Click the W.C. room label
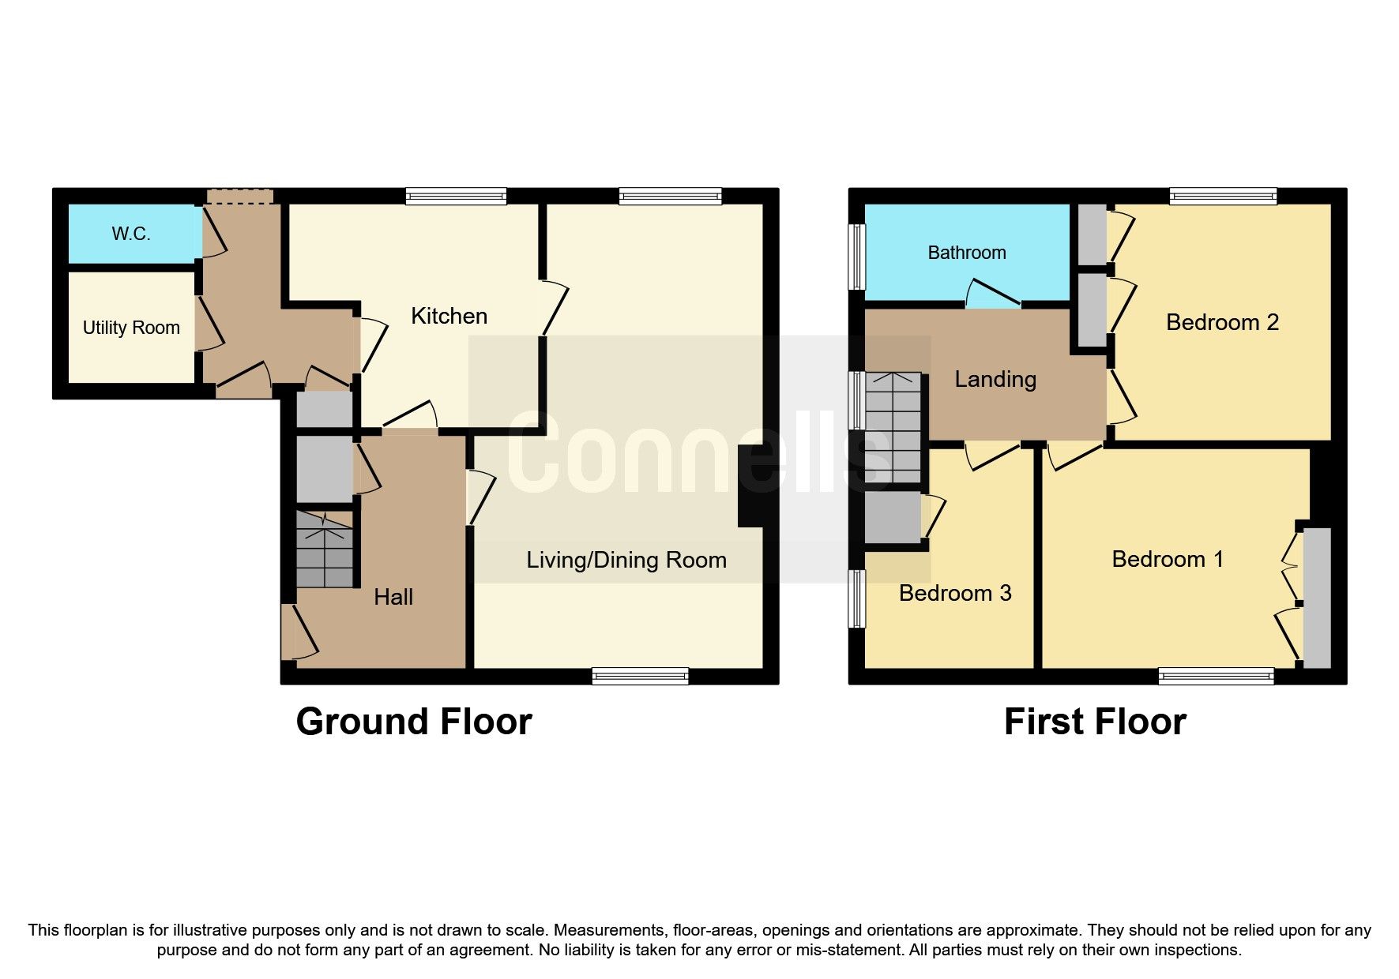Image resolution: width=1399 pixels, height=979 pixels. click(x=131, y=234)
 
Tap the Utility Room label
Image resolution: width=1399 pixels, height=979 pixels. click(x=131, y=328)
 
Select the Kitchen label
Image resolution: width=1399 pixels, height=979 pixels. click(x=449, y=316)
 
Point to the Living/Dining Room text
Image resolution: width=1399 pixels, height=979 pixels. click(x=626, y=560)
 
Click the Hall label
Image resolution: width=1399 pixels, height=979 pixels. click(x=393, y=597)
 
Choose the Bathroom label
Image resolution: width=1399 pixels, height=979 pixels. click(x=966, y=253)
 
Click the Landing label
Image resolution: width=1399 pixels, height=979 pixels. click(x=995, y=379)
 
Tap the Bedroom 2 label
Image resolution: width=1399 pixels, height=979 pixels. click(x=1222, y=322)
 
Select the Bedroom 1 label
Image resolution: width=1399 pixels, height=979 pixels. click(x=1168, y=559)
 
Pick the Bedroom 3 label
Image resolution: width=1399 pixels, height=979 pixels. click(x=955, y=593)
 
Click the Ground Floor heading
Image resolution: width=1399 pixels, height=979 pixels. click(x=414, y=722)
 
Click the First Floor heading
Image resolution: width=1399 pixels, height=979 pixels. click(x=1095, y=722)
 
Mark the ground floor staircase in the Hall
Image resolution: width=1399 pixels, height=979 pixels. click(x=325, y=549)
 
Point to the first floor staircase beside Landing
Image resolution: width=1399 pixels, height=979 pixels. click(x=893, y=427)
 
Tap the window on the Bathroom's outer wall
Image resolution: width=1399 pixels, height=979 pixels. click(x=856, y=257)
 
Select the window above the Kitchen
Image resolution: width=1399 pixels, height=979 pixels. click(x=456, y=196)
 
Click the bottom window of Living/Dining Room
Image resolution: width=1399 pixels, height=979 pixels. click(x=640, y=676)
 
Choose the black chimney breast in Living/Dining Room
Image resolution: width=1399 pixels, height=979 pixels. click(x=750, y=486)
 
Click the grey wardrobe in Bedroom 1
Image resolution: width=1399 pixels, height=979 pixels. click(x=1317, y=598)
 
